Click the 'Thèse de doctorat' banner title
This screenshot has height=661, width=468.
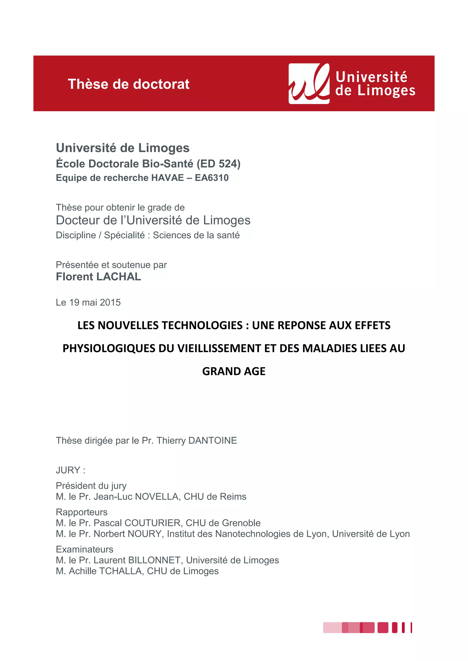click(x=128, y=84)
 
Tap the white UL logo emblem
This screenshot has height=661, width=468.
click(x=309, y=84)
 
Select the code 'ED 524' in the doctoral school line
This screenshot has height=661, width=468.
click(x=218, y=163)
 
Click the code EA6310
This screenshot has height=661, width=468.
click(x=212, y=178)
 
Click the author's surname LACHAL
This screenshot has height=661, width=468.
click(x=119, y=277)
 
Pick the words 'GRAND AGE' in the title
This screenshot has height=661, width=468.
click(x=234, y=371)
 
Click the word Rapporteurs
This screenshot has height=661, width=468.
click(x=82, y=512)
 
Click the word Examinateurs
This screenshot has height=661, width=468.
click(x=84, y=549)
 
